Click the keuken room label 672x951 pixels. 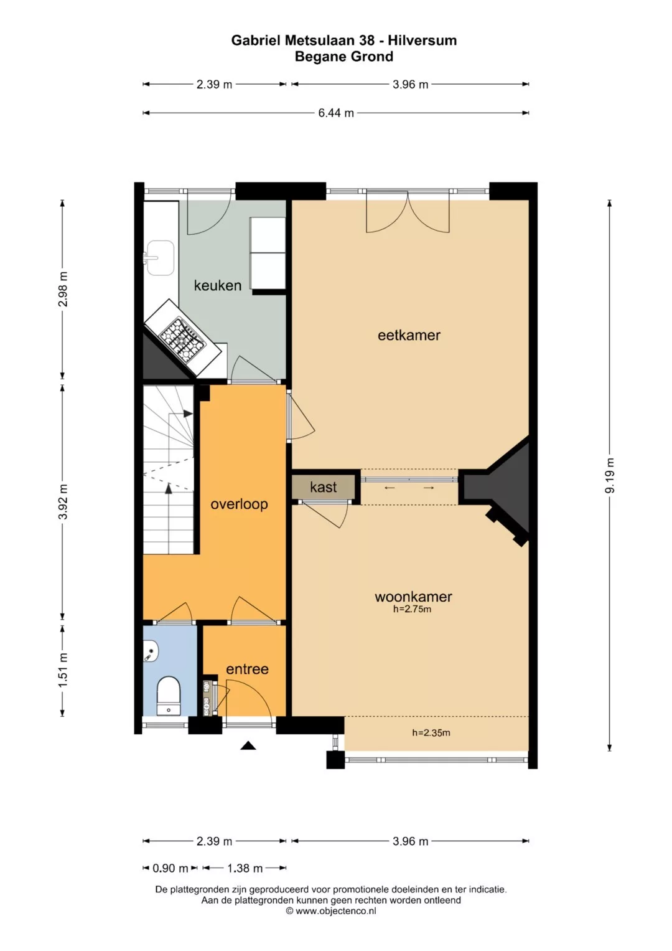point(218,285)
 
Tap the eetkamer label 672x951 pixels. point(409,336)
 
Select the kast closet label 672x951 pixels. point(324,487)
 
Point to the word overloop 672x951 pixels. point(240,504)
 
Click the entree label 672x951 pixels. point(247,669)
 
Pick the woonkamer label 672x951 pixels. point(413,597)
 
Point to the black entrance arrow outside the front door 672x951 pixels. point(248,745)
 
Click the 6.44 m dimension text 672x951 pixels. point(336,113)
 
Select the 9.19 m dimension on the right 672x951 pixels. point(610,475)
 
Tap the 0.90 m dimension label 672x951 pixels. point(170,869)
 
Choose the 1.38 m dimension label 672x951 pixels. point(245,869)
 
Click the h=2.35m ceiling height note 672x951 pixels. point(431,732)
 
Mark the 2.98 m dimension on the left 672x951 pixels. point(63,289)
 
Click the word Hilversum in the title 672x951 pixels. point(422,40)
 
